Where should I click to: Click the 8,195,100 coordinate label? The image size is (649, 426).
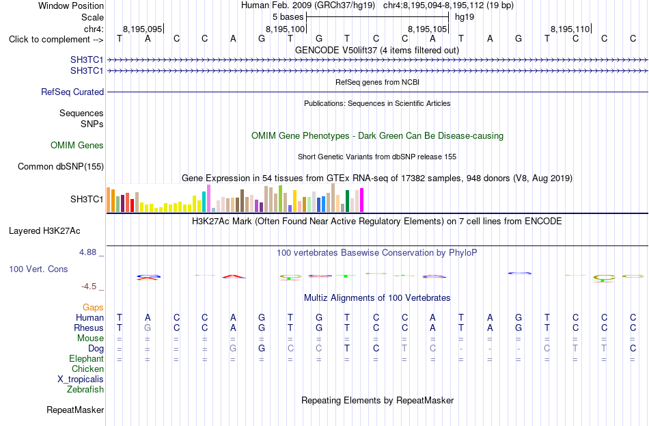pos(285,29)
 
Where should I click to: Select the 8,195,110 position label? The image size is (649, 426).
pos(570,29)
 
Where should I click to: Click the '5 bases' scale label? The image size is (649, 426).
pos(288,17)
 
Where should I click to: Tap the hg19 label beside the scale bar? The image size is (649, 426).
pos(465,17)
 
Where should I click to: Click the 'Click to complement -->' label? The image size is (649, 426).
pos(56,40)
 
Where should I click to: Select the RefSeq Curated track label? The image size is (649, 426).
pos(72,92)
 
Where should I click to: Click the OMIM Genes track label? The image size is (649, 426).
pos(77,145)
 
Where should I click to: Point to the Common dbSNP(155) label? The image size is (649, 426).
pos(61,167)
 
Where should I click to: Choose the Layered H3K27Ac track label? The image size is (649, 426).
pos(44,231)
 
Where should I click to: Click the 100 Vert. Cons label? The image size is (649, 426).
pos(38,269)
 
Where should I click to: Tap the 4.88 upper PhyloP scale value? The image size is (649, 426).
pos(87,252)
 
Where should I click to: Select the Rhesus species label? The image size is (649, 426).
pos(89,328)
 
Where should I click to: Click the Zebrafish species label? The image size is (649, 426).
pos(85,389)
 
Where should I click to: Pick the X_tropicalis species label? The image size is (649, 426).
pos(81,380)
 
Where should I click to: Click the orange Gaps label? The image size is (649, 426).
pos(93,307)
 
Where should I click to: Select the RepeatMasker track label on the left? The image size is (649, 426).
pos(75,410)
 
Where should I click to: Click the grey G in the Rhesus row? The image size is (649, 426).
pos(148,328)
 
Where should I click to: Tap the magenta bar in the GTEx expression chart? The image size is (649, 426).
pos(362,200)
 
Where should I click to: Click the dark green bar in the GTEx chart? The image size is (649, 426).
pos(347,201)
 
